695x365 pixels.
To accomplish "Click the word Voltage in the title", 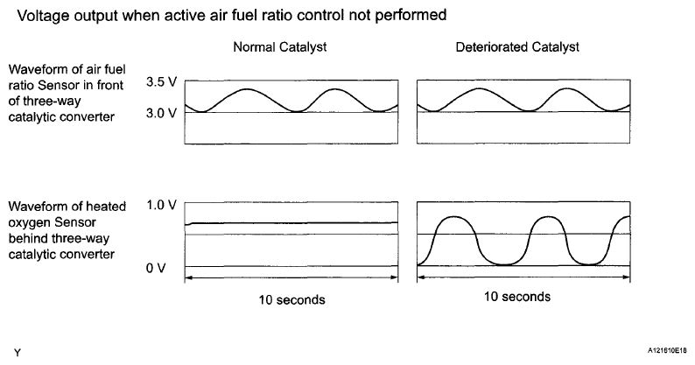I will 39,15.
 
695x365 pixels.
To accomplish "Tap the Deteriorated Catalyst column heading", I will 516,46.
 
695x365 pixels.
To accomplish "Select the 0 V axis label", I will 156,267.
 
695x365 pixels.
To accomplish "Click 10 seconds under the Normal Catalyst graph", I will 292,299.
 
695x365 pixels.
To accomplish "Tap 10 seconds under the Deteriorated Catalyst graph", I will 517,297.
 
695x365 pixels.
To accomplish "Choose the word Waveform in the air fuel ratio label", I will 34,69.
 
